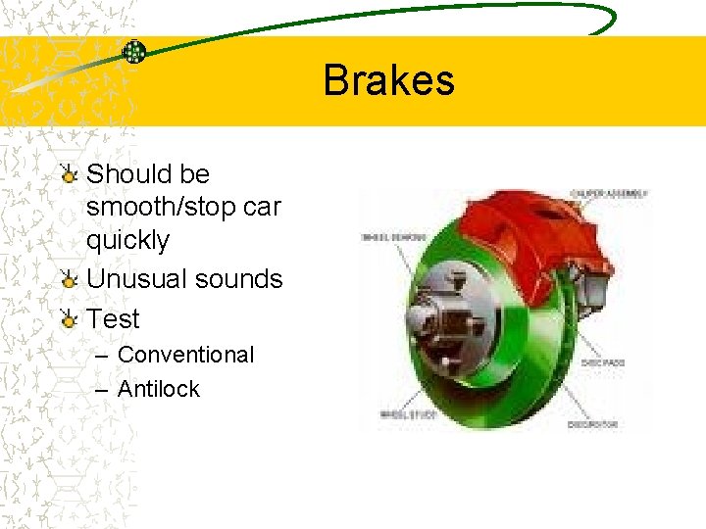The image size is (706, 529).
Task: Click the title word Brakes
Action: pyautogui.click(x=388, y=80)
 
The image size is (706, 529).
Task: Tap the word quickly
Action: pyautogui.click(x=127, y=240)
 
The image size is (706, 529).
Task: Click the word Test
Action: pyautogui.click(x=114, y=319)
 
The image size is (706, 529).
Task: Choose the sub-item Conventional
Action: pyautogui.click(x=185, y=355)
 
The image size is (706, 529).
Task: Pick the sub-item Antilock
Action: pyautogui.click(x=158, y=389)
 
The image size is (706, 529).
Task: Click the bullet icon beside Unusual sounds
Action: pyautogui.click(x=68, y=280)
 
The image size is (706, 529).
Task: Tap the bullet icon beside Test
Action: pyautogui.click(x=68, y=319)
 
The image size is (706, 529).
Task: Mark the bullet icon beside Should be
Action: pyautogui.click(x=68, y=175)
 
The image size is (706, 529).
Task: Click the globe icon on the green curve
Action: pyautogui.click(x=134, y=52)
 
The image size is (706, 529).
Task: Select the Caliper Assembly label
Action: pyautogui.click(x=610, y=194)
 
